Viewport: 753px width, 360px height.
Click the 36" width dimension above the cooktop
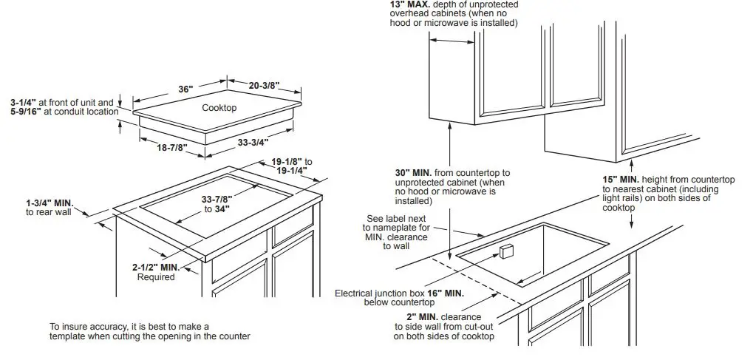point(185,89)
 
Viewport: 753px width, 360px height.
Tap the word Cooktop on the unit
point(219,108)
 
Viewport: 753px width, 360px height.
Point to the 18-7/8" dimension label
point(171,147)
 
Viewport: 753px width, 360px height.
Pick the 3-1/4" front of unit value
point(24,102)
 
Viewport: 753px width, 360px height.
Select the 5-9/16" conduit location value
point(25,112)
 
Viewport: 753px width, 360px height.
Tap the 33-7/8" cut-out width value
point(217,199)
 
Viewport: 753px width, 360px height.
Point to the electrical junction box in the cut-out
point(506,251)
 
